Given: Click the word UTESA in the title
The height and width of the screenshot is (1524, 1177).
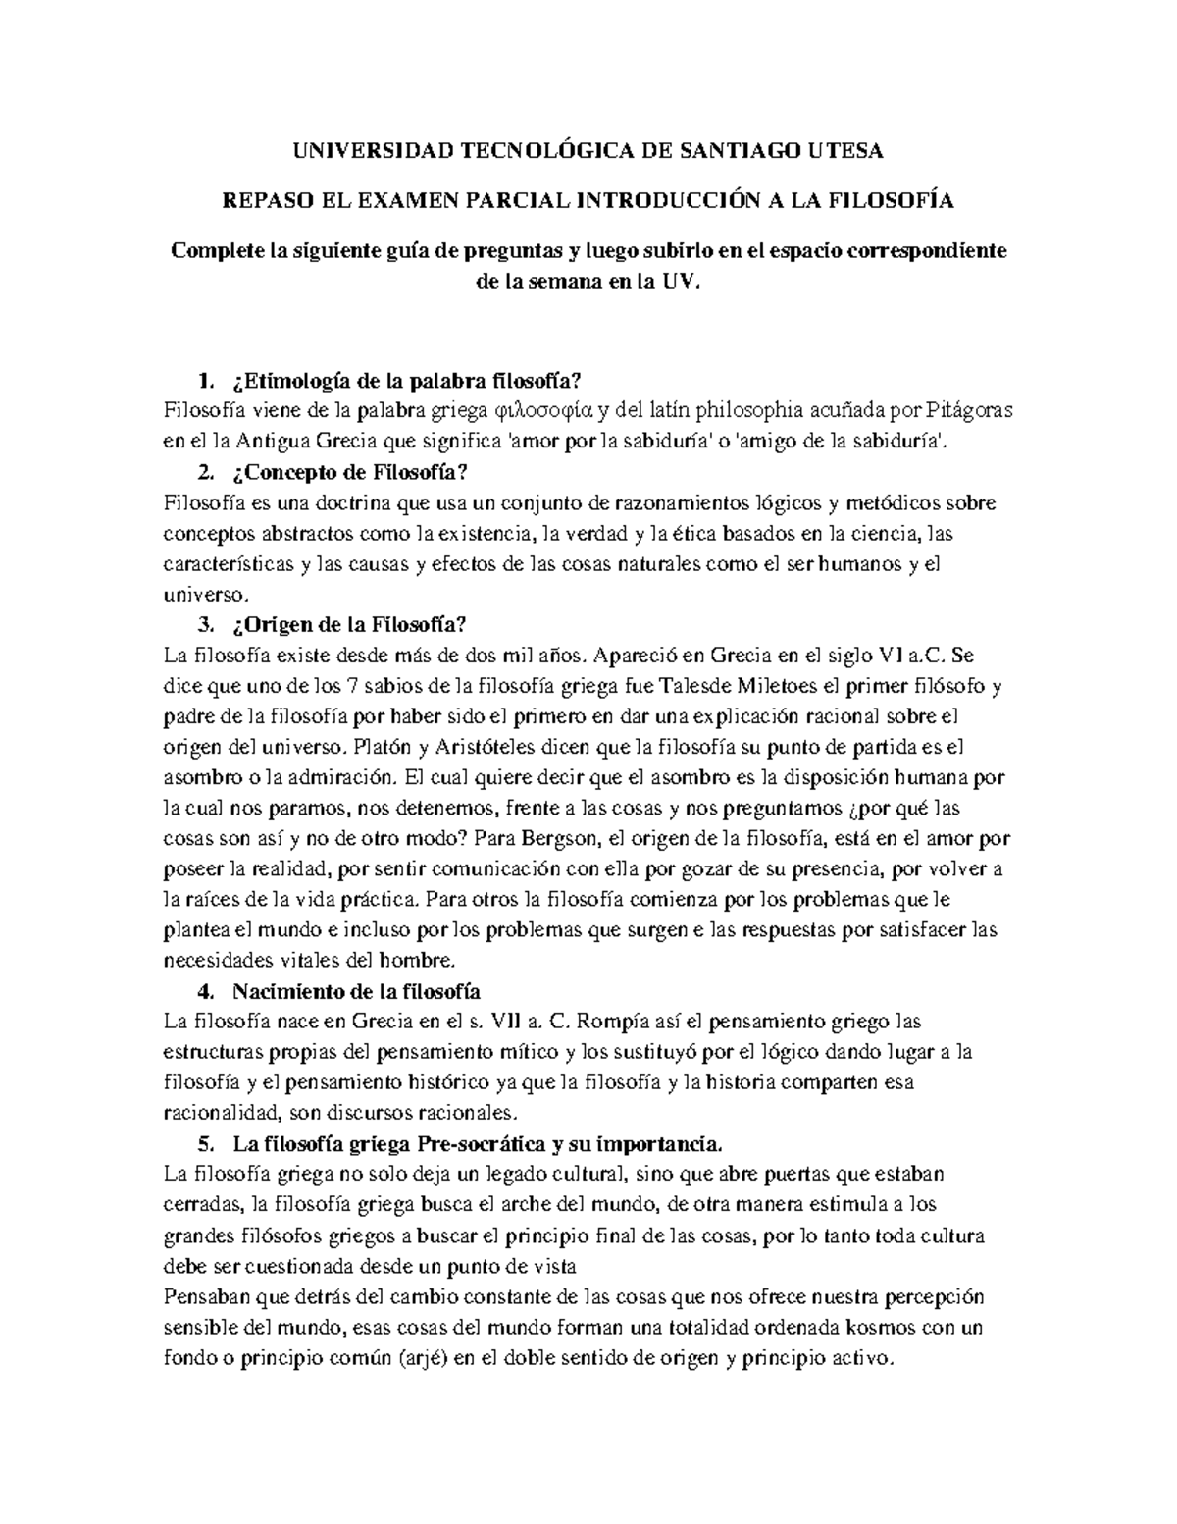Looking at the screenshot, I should click(x=844, y=150).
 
